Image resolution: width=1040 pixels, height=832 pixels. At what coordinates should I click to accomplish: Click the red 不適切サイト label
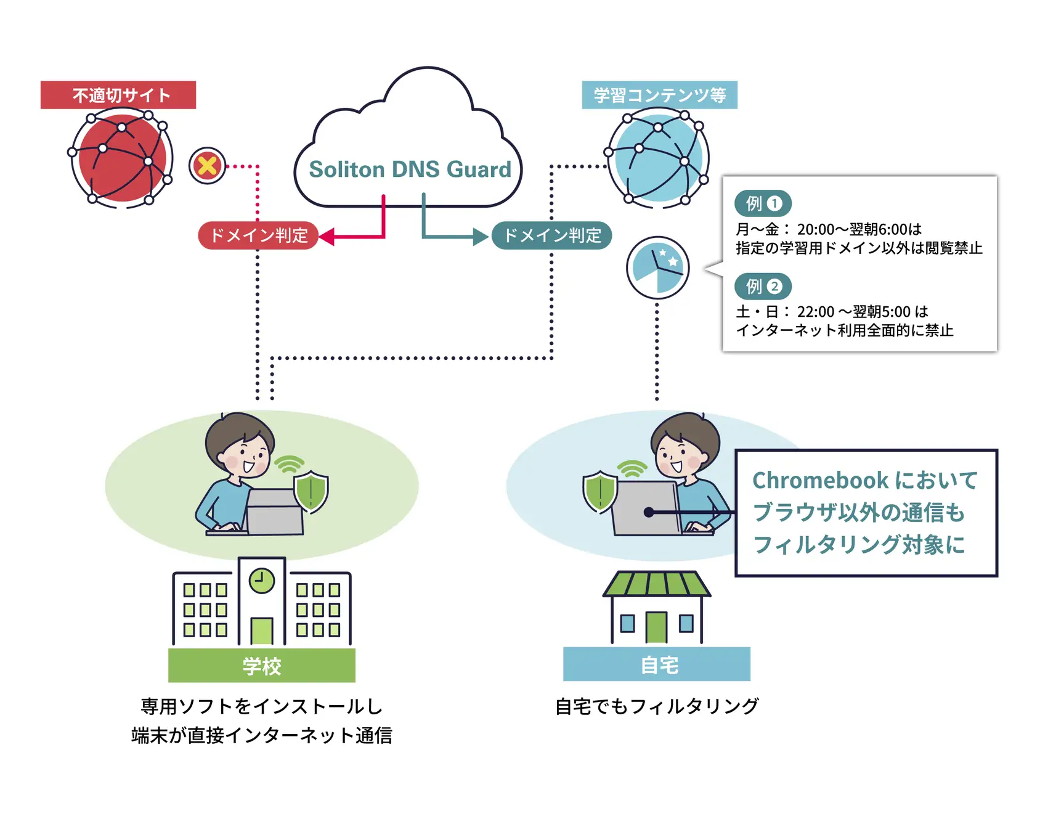[x=118, y=95]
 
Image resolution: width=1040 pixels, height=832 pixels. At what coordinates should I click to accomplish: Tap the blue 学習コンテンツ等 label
[x=659, y=95]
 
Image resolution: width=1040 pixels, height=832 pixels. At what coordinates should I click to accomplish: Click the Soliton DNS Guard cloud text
[x=410, y=169]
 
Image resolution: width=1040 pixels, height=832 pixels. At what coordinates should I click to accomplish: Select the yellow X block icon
[x=208, y=166]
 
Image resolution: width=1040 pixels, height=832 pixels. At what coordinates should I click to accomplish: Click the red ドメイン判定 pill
[x=258, y=235]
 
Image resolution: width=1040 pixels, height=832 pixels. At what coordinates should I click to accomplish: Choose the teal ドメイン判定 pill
[x=551, y=235]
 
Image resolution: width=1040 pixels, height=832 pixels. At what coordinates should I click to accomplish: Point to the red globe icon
[x=121, y=158]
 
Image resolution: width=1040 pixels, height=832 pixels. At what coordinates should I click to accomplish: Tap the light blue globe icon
[x=658, y=158]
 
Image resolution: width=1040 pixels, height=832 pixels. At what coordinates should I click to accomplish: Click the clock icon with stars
[x=658, y=268]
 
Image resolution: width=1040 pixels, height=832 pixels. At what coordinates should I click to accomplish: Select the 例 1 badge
[x=763, y=203]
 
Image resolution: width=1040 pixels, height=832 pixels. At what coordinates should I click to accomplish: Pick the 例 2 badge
[x=763, y=286]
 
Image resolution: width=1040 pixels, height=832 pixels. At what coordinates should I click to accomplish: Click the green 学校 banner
[x=262, y=665]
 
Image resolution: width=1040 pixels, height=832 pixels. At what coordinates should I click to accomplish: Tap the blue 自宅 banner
[x=657, y=664]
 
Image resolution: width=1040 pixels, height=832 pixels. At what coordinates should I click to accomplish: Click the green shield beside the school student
[x=311, y=492]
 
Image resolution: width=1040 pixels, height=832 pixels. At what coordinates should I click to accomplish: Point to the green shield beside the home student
[x=599, y=492]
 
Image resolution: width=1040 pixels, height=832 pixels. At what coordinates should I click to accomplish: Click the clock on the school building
[x=262, y=581]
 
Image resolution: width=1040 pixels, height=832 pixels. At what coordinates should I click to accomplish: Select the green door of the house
[x=656, y=627]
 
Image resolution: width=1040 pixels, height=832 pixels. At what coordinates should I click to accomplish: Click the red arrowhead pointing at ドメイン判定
[x=327, y=237]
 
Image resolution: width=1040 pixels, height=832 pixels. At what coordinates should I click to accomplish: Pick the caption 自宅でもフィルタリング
[x=657, y=706]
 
